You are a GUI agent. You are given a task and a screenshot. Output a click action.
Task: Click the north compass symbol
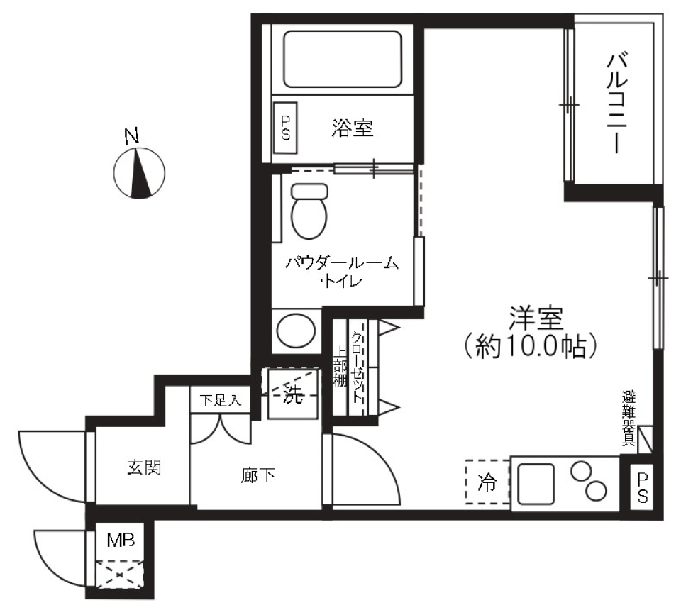click(139, 172)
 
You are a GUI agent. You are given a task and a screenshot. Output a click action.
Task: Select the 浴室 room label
click(353, 128)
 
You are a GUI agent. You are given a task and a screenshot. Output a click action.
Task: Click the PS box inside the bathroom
click(286, 128)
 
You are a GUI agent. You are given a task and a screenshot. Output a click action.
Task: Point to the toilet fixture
click(309, 210)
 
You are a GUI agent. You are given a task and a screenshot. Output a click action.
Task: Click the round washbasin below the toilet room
click(294, 330)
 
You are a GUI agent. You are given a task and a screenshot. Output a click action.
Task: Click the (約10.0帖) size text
click(536, 347)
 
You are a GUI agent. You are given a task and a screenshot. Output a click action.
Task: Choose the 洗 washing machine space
click(292, 395)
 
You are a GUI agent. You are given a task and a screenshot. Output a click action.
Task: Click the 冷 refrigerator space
click(487, 482)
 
